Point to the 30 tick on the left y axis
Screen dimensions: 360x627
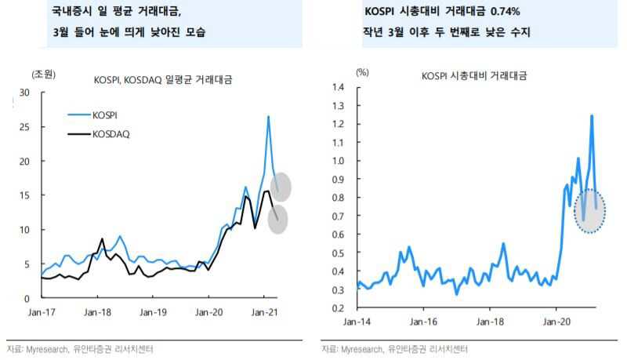[24, 93]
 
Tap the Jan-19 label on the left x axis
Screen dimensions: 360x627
[153, 312]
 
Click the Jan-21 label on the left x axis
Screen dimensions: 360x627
[265, 312]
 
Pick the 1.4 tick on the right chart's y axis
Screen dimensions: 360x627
[338, 86]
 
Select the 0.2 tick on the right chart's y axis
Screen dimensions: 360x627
[338, 308]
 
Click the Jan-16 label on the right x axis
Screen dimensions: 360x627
[423, 322]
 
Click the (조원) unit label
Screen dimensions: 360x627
[42, 75]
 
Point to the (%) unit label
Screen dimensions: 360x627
[362, 72]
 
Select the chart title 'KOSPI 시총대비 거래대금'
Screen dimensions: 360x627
[473, 76]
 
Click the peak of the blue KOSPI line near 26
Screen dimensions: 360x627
[268, 117]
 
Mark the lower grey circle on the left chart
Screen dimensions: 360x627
[278, 219]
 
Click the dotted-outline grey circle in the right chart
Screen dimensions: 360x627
[590, 210]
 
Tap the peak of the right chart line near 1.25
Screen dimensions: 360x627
[591, 115]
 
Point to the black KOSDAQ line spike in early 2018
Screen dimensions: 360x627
[102, 238]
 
